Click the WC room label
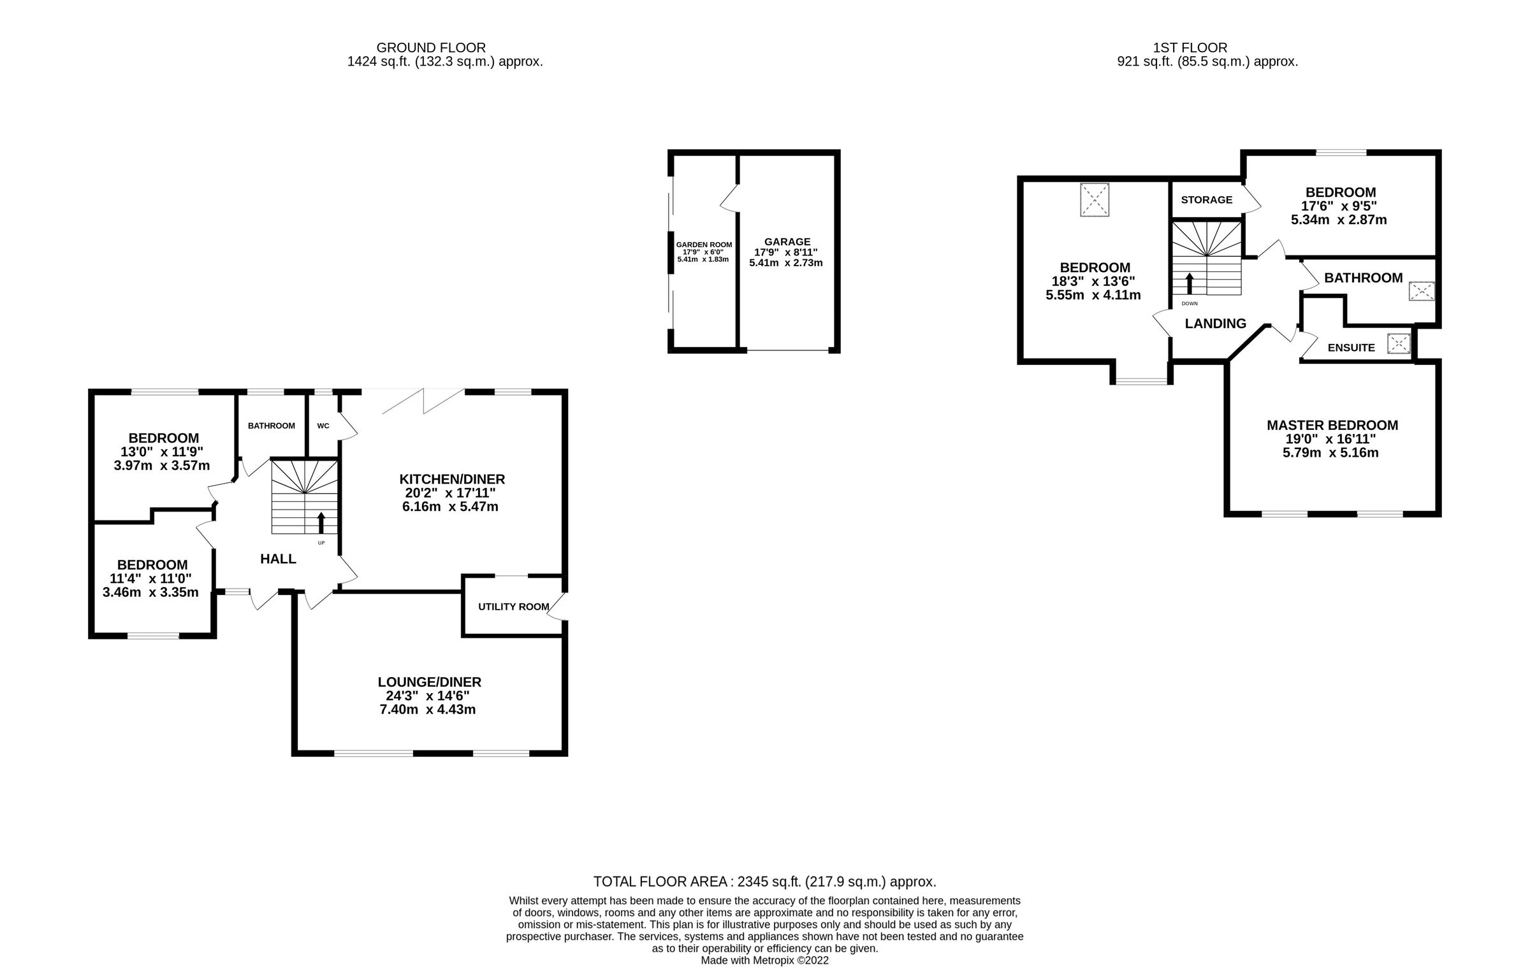pos(323,426)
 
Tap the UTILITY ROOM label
pos(513,606)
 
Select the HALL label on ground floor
pos(278,559)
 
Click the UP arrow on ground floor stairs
pos(321,522)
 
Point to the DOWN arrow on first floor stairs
pos(1190,283)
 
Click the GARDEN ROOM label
pos(704,245)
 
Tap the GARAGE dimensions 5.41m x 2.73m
pos(785,262)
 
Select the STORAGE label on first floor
pos(1206,199)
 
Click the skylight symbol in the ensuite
pos(1398,344)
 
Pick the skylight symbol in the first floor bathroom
pos(1422,292)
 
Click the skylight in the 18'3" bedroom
pos(1095,200)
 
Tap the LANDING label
pos(1215,324)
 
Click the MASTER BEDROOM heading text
pos(1332,425)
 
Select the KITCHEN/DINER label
pos(452,479)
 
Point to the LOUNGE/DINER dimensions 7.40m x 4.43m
pos(427,710)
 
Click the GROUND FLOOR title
pos(431,48)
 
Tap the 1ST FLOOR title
pos(1190,48)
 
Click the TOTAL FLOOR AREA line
pos(764,882)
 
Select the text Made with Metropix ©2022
pos(764,960)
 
